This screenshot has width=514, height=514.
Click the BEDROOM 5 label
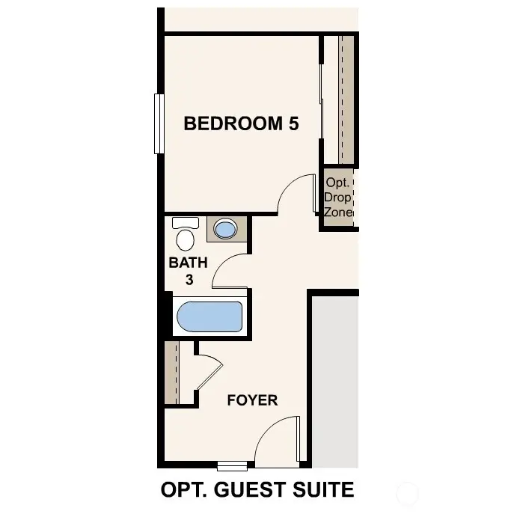pos(241,123)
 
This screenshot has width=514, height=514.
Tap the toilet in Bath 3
pos(185,235)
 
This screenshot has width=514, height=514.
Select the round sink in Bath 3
pos(225,228)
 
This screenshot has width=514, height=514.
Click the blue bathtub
pos(209,317)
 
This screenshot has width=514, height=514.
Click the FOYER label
pos(252,400)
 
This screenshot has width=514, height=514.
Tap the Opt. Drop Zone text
pos(339,198)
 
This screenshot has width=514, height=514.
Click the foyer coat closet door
pos(209,370)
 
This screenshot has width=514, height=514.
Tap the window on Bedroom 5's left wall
pos(159,123)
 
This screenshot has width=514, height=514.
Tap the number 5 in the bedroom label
pos(293,123)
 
